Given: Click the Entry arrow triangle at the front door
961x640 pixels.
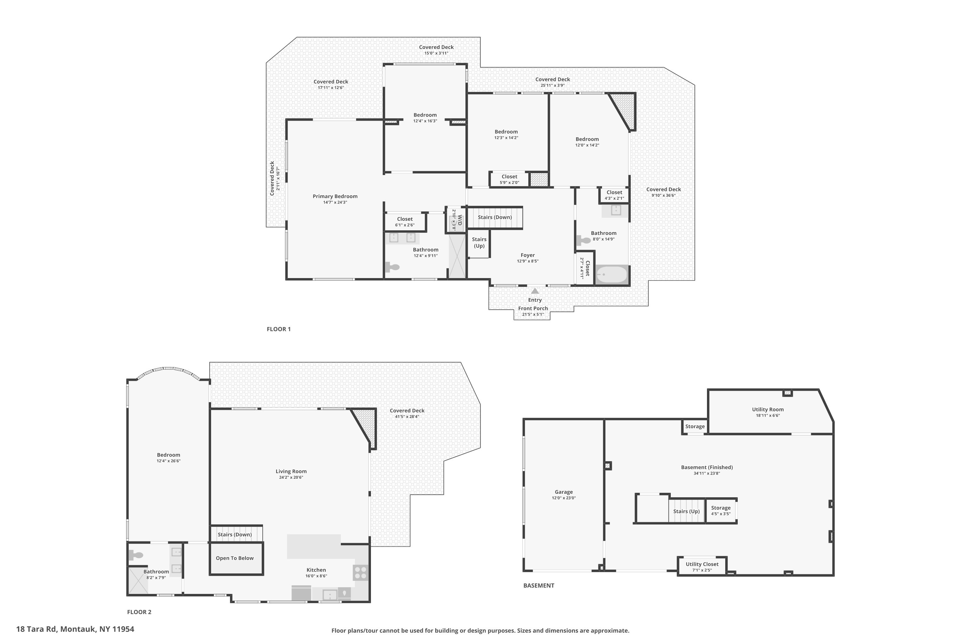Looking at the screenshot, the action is click(x=535, y=291).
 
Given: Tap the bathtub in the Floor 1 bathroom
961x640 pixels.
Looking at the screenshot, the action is click(x=612, y=275).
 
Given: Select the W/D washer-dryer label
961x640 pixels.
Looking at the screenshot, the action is click(x=459, y=220).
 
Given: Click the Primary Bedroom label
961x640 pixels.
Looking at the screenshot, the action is click(x=335, y=196).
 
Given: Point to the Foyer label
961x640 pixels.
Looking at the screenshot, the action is click(x=528, y=255).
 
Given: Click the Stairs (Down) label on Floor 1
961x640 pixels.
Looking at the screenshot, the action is click(x=495, y=217).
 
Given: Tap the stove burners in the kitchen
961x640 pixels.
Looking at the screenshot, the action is click(x=360, y=573).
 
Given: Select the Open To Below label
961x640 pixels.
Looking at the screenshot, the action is click(x=235, y=558).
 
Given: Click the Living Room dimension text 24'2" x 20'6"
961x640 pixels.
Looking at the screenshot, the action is click(x=291, y=477).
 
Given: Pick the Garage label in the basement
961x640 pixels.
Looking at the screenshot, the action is click(x=564, y=492).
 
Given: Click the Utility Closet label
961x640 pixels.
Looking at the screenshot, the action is click(x=702, y=564).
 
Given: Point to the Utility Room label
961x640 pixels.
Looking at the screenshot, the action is click(x=768, y=409).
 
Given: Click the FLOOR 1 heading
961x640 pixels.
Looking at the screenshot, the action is click(x=279, y=329).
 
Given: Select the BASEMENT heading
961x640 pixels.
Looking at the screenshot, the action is click(x=539, y=585).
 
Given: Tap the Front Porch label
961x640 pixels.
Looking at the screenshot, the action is click(x=533, y=308).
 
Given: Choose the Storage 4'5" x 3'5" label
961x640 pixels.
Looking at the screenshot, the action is click(x=721, y=511).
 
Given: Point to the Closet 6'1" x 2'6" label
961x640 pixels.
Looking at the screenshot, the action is click(x=405, y=222).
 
